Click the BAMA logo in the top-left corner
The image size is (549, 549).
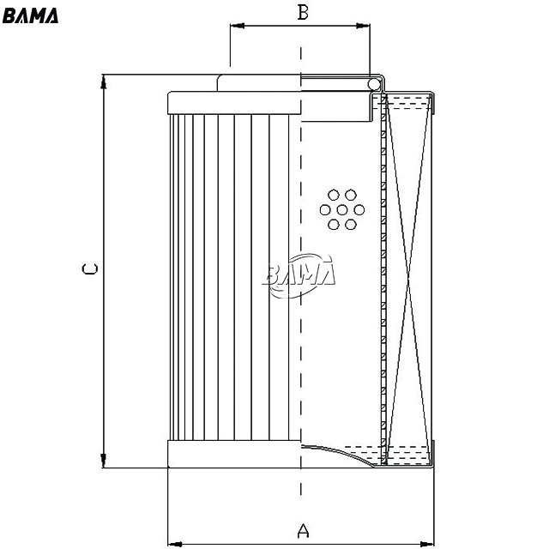coord(30,15)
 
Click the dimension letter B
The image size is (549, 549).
coord(303,12)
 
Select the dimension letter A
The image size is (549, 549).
coord(303,531)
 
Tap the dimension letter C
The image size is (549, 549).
coord(89,268)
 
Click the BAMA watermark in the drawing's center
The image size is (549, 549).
coord(299,275)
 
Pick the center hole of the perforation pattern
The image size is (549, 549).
coord(342,209)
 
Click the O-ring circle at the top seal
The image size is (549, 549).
coord(374,84)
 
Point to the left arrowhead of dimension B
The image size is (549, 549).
coord(238,26)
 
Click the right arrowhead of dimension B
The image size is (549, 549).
coord(363,26)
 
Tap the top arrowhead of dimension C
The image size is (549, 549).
coord(103,81)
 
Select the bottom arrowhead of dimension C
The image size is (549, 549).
coord(103,461)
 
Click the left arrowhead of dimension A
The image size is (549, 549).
coord(175,544)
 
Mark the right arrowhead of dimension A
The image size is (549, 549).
coord(427,544)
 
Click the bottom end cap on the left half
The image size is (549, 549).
coord(234,454)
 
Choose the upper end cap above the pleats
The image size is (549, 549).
coord(234,103)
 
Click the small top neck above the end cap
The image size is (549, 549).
coord(259,83)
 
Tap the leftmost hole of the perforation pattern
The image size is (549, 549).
coord(325,209)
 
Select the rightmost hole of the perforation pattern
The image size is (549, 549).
coord(359,209)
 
